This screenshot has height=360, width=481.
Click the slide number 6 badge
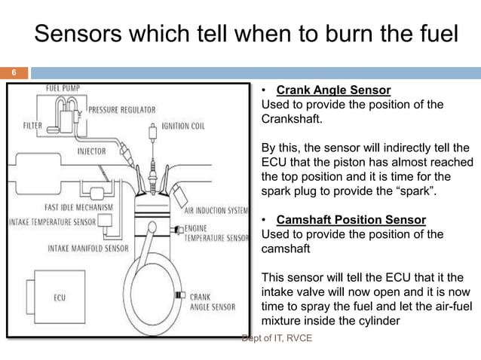13,73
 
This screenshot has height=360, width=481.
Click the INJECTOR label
91,151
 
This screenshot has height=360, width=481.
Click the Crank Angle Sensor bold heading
333,90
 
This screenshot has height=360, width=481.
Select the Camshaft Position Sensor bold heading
351,220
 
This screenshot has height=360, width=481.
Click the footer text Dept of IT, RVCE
276,338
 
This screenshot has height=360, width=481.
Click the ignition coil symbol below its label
155,143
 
